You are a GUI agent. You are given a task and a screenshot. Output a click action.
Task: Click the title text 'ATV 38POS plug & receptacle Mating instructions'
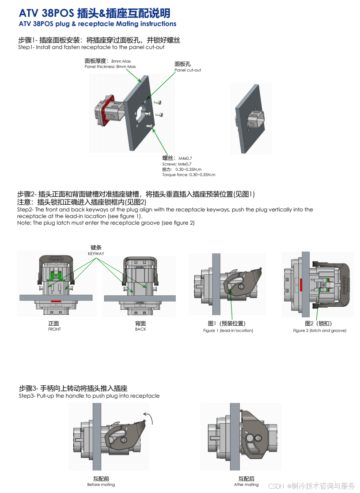pos(98,24)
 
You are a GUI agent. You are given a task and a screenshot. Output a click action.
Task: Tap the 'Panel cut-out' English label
pos(188,70)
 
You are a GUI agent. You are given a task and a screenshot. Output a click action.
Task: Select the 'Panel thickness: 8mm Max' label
pos(110,67)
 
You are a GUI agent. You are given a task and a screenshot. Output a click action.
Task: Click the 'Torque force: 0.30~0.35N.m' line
pos(189,175)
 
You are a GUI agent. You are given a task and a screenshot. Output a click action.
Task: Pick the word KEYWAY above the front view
pos(96,254)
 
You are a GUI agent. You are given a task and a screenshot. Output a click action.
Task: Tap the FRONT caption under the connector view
pos(54,329)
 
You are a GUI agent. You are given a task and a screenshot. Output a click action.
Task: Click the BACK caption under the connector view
pos(140,329)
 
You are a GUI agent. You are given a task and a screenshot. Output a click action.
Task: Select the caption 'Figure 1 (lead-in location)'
pos(228,331)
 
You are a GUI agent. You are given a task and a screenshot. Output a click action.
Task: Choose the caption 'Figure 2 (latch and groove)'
pos(319,331)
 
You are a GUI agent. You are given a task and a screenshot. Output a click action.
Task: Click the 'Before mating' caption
pos(101,485)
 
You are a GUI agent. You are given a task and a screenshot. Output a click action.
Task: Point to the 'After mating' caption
pos(246,485)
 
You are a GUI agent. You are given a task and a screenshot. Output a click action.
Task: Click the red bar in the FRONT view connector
pos(56,301)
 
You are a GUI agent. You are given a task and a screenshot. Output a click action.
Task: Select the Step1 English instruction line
pos(91,47)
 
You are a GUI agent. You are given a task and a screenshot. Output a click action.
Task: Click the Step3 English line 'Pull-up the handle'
pos(89,396)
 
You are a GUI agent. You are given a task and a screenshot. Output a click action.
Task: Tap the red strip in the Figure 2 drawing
pos(301,285)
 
